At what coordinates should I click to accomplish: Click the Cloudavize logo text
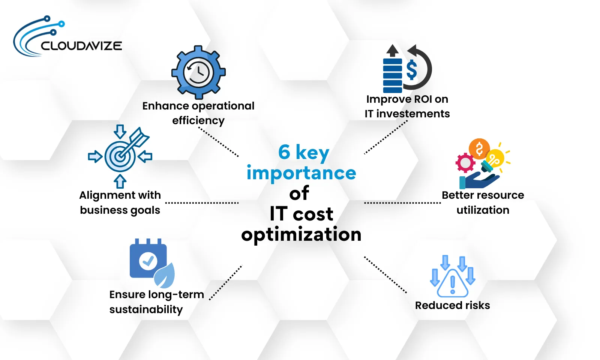[x=81, y=46]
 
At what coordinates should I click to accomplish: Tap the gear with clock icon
[x=198, y=72]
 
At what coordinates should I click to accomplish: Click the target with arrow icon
[x=120, y=156]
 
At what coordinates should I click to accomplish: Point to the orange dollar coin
[x=479, y=148]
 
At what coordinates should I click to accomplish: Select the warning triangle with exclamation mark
[x=453, y=283]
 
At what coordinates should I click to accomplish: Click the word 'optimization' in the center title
[x=301, y=235]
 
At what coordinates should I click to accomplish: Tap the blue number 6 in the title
[x=284, y=152]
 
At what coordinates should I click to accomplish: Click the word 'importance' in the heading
[x=301, y=173]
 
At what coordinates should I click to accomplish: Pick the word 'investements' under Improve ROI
[x=413, y=114]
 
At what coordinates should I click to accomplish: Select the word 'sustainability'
[x=146, y=309]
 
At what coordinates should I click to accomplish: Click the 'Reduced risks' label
[x=452, y=305]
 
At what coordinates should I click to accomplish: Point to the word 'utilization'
[x=483, y=210]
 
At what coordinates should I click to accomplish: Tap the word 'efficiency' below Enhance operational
[x=198, y=120]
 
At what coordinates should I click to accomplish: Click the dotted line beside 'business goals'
[x=202, y=203]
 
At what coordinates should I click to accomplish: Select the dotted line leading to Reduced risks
[x=385, y=274]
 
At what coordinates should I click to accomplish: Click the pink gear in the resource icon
[x=465, y=163]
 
